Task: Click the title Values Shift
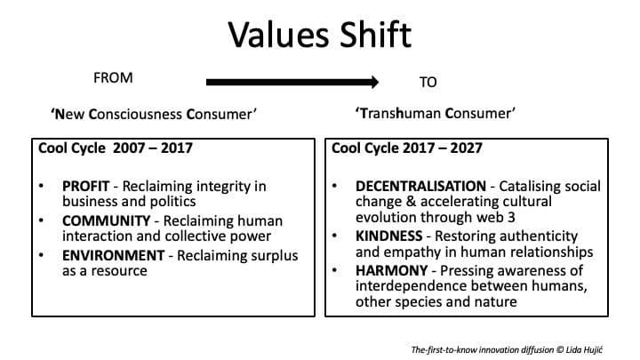319,35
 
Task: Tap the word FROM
113,78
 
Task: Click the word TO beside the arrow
428,82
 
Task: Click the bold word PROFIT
85,187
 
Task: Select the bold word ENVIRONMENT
113,256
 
